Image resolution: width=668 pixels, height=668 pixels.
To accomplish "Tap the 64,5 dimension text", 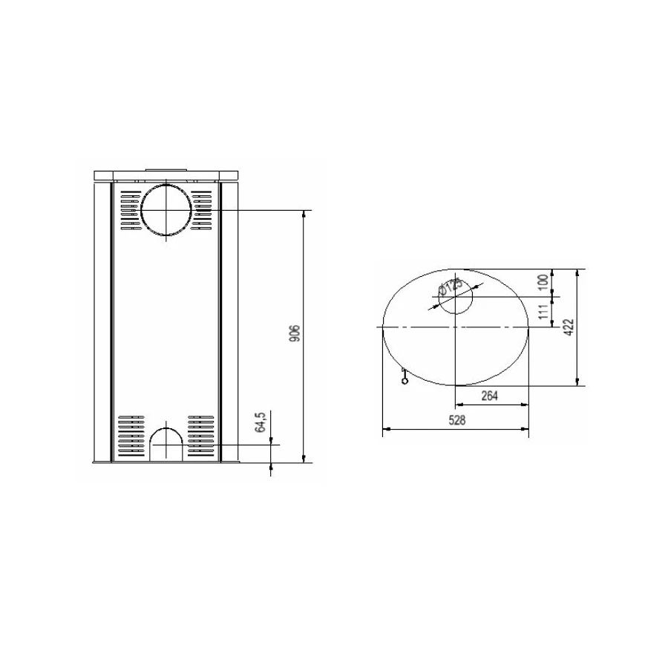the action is (261, 422).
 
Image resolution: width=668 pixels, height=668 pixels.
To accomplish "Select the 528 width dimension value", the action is (456, 421).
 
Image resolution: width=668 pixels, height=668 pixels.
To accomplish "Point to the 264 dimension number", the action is (490, 396).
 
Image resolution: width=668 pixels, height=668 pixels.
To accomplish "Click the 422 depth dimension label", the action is (570, 327).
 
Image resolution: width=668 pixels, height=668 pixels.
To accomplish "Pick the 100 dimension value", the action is (543, 283).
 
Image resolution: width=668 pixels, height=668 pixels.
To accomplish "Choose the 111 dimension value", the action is (543, 312).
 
